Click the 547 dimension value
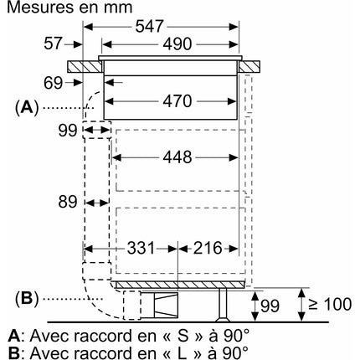(x=149, y=27)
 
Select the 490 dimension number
(x=177, y=44)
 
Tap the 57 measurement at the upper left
(x=53, y=44)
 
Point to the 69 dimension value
(x=53, y=83)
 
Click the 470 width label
(x=177, y=101)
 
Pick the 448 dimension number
(x=177, y=157)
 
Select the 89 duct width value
(x=68, y=202)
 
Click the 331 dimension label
(x=141, y=248)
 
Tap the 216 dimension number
(x=208, y=248)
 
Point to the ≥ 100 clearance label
(x=330, y=304)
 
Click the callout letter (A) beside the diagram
(x=27, y=108)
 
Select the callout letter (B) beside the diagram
(x=27, y=299)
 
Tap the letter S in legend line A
(x=183, y=336)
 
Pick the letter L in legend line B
(x=182, y=352)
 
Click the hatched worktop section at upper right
(x=249, y=67)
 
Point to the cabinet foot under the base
(x=223, y=305)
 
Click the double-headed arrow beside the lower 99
(x=255, y=306)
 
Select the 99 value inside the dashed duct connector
(x=68, y=131)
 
